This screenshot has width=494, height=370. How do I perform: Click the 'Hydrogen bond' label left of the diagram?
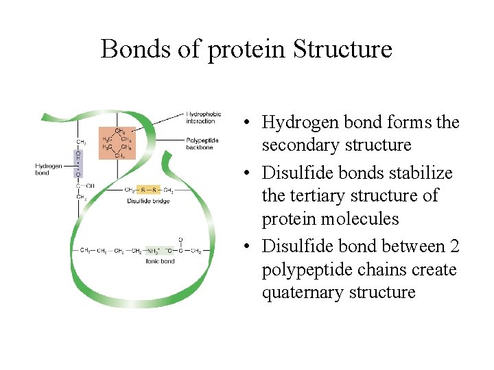click(x=49, y=169)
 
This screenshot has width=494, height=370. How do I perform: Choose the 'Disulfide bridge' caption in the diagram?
click(x=148, y=201)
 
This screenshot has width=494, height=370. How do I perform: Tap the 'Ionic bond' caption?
click(x=160, y=261)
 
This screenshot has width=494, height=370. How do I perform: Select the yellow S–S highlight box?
click(x=148, y=190)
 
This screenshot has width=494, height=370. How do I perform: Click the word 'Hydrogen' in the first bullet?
click(x=294, y=123)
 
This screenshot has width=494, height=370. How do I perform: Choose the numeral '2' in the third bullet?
click(x=454, y=246)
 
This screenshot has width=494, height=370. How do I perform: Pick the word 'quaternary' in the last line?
click(x=296, y=293)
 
